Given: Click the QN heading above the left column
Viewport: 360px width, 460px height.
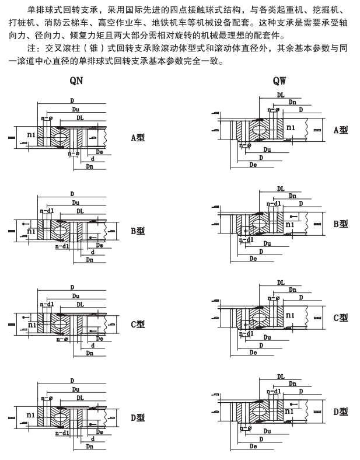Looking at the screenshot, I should [x=76, y=81].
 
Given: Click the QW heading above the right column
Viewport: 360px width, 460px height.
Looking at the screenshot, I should [x=279, y=81].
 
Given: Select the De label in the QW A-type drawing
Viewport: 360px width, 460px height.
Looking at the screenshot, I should [x=253, y=165].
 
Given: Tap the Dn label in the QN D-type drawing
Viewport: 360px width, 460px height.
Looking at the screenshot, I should [x=89, y=447].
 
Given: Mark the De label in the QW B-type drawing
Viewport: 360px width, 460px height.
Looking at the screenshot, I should [x=253, y=258].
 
